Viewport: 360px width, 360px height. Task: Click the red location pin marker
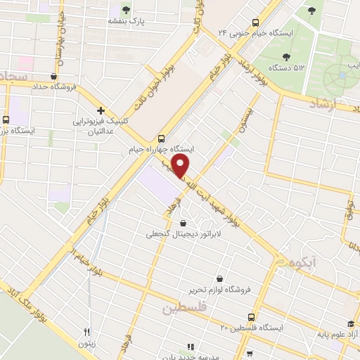coord(181,166)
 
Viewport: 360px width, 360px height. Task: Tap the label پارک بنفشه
coord(126,22)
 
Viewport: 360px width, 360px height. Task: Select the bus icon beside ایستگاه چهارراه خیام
coord(162,138)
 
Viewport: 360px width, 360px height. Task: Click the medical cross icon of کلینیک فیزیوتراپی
coord(102,110)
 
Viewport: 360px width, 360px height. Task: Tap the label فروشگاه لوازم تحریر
coord(221,289)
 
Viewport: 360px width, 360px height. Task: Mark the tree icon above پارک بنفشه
coord(126,10)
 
